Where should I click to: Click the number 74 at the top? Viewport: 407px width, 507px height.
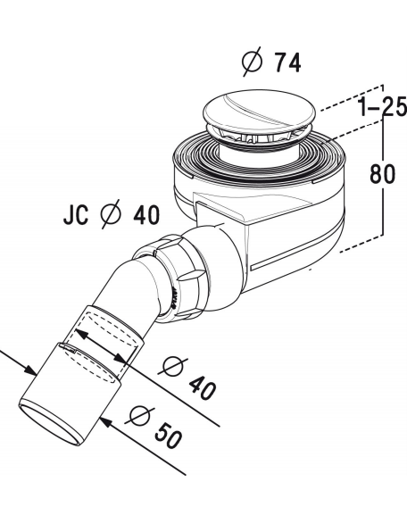[x=287, y=62]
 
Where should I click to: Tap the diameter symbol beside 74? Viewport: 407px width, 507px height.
[x=253, y=62]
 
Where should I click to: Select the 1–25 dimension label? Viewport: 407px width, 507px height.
[x=382, y=107]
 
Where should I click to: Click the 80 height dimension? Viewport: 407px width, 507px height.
[x=382, y=174]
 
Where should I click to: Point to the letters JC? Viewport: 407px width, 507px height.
[x=76, y=215]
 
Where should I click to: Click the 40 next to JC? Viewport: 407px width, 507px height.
[x=146, y=214]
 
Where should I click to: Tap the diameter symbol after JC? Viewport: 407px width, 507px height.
[x=111, y=214]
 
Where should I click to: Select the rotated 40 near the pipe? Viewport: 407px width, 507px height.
[x=202, y=388]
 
